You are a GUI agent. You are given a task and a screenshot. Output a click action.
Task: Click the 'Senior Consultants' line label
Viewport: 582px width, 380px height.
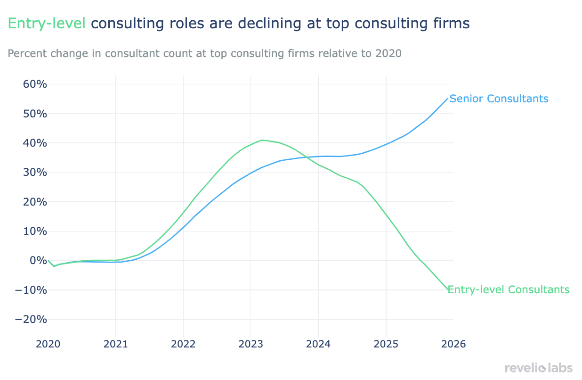(x=499, y=99)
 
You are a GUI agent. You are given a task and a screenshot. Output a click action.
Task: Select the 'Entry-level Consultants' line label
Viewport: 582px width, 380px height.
(x=509, y=289)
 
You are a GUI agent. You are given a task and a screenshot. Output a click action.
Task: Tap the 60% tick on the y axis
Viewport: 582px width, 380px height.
(x=35, y=84)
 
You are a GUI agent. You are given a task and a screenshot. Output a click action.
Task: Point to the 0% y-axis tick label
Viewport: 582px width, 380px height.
(x=38, y=260)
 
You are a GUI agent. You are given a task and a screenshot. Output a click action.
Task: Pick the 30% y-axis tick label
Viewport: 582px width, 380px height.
(x=35, y=173)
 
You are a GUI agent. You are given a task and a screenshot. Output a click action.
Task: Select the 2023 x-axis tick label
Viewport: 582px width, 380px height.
(x=251, y=344)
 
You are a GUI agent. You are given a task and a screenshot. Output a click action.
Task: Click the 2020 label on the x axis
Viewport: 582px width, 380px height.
(x=48, y=344)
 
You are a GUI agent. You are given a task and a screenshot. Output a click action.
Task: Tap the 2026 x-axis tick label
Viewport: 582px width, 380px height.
(x=453, y=344)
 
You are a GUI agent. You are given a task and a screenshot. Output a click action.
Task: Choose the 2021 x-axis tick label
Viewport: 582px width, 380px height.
(x=116, y=344)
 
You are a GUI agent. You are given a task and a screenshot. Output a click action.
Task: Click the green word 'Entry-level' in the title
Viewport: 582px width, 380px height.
(x=47, y=23)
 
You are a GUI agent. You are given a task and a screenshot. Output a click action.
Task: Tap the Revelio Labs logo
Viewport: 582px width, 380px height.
(x=538, y=368)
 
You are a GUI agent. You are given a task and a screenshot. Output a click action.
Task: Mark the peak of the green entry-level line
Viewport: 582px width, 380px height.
(x=262, y=140)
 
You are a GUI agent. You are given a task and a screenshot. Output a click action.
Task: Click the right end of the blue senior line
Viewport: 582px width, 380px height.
(x=447, y=99)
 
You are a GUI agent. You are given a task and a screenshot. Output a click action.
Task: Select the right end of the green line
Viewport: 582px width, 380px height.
(x=447, y=289)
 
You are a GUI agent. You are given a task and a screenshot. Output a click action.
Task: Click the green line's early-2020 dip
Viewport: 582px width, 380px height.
(x=54, y=266)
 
